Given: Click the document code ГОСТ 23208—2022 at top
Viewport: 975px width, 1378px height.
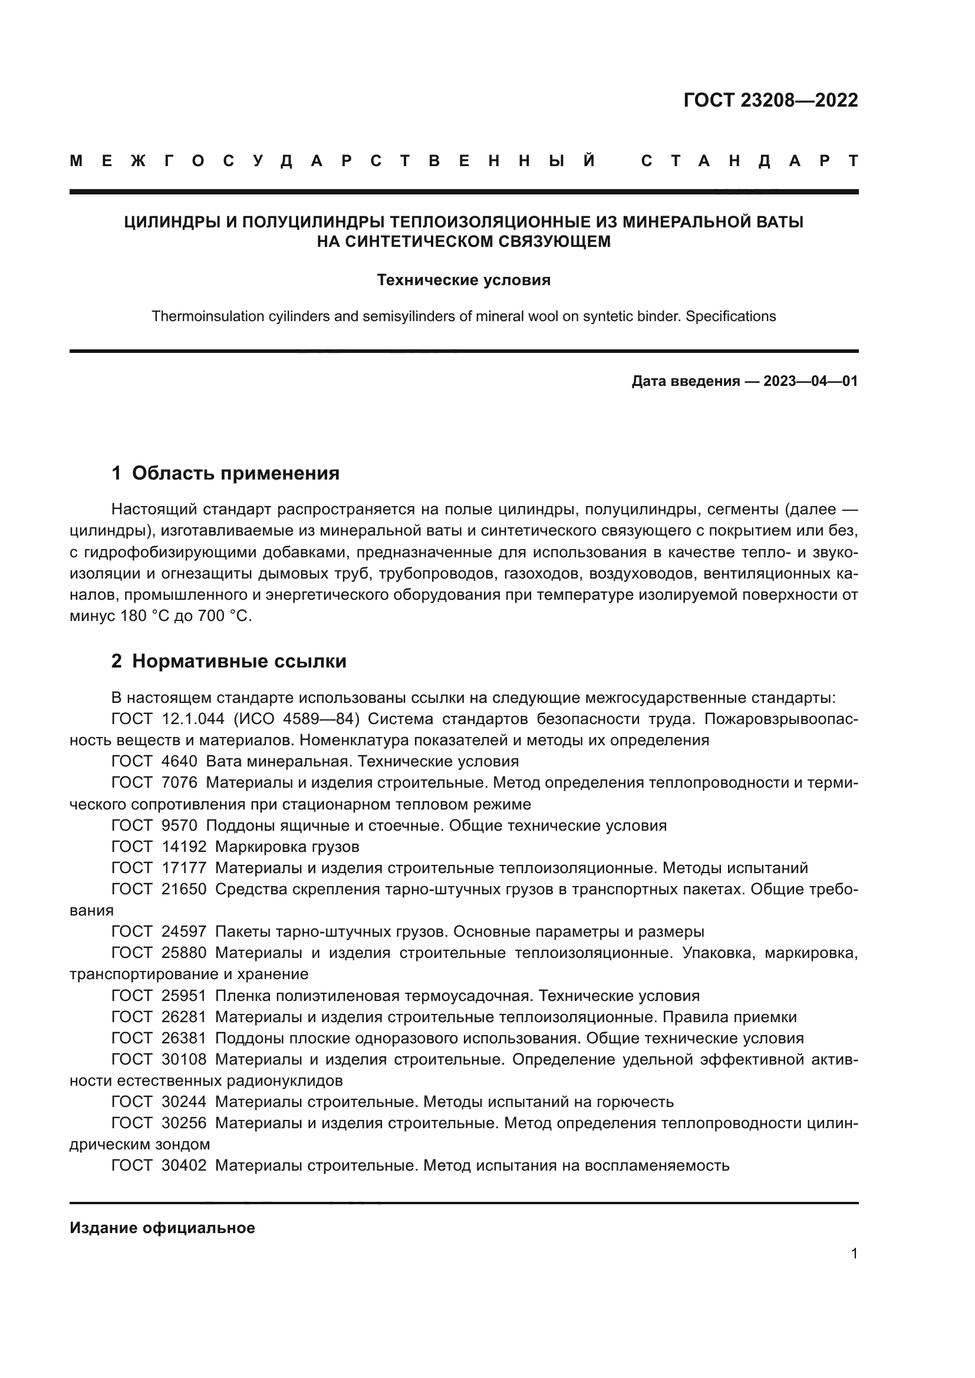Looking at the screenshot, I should click(770, 100).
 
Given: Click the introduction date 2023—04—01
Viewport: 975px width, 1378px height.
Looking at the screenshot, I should click(810, 381).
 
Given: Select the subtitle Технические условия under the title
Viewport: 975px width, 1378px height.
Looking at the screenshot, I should click(463, 280).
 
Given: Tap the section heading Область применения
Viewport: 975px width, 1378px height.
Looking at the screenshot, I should click(235, 474).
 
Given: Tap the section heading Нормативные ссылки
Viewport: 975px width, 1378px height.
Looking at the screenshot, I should click(239, 662).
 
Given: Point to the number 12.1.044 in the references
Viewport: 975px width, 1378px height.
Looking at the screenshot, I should click(193, 719).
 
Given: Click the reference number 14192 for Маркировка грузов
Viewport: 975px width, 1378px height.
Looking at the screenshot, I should click(184, 847).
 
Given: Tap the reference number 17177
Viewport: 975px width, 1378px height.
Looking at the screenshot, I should click(184, 868).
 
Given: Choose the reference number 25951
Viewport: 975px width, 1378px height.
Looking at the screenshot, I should click(184, 996).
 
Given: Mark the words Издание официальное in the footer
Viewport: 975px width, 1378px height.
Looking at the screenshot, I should click(162, 1228).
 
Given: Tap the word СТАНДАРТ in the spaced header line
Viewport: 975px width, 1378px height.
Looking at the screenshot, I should click(750, 161).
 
